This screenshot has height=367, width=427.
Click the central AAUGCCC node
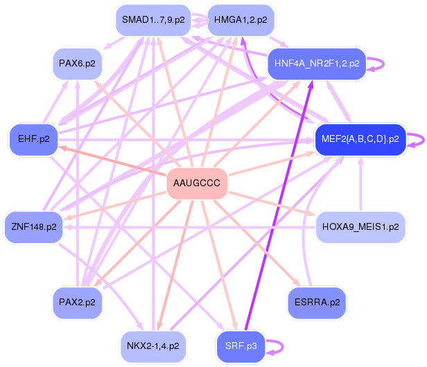pos(197,183)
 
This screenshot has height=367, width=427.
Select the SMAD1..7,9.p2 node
pos(153,20)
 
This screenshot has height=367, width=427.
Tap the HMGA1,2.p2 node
pos(240,20)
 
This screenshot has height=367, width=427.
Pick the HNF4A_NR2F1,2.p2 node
pos(316,64)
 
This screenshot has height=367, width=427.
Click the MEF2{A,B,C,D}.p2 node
pos(360,138)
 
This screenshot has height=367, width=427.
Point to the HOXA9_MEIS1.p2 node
pos(360,226)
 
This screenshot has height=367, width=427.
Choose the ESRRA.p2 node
pos(317,303)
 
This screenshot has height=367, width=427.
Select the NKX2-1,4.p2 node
pos(153,345)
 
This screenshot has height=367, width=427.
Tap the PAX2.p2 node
pos(77,303)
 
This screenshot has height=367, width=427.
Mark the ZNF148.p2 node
pos(34,226)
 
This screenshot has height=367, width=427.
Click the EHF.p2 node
pos(34,138)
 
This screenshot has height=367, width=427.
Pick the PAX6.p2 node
pos(77,64)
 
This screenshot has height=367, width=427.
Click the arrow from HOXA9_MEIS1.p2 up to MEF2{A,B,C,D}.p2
pos(360,187)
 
